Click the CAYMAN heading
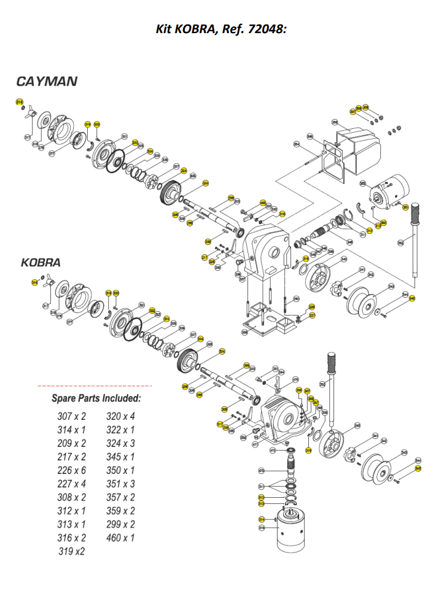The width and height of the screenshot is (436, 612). click(47, 81)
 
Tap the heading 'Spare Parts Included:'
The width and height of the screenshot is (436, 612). click(96, 398)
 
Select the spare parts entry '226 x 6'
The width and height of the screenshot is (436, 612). click(72, 470)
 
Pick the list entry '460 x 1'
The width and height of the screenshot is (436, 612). click(120, 538)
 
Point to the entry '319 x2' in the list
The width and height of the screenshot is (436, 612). click(72, 551)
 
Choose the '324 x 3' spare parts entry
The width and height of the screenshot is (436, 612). click(120, 443)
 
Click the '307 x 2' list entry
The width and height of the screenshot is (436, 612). click(72, 416)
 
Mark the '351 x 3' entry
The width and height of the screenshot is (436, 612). click(120, 484)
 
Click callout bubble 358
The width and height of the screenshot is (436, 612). click(335, 122)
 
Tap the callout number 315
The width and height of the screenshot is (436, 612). click(262, 527)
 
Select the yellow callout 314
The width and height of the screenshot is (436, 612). click(262, 519)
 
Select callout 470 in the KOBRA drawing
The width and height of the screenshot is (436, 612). click(295, 379)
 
